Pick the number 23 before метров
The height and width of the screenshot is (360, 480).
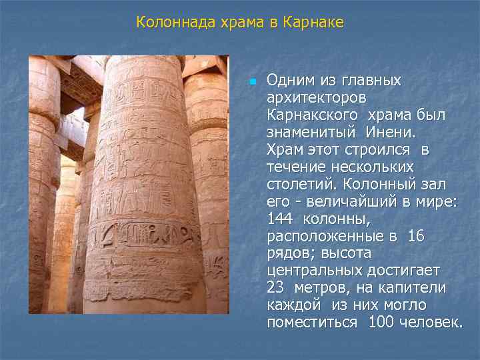pos(275,289)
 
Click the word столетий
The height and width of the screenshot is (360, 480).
pos(298,185)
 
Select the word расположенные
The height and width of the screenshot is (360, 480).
pos(323,237)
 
